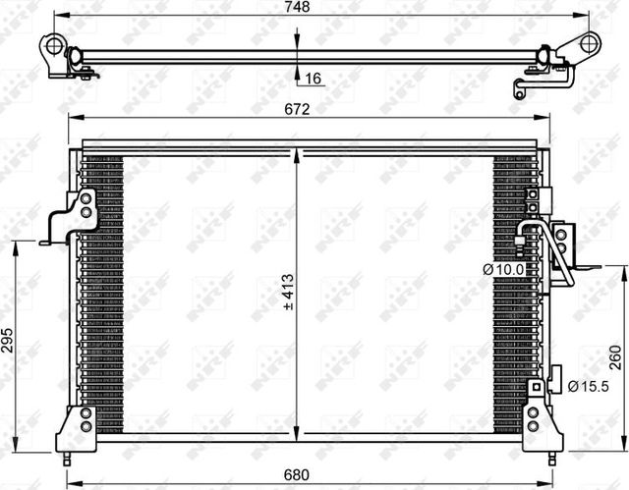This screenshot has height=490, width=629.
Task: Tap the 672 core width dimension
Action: pyautogui.click(x=299, y=109)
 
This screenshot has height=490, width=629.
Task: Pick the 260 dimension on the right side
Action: pyautogui.click(x=615, y=354)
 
